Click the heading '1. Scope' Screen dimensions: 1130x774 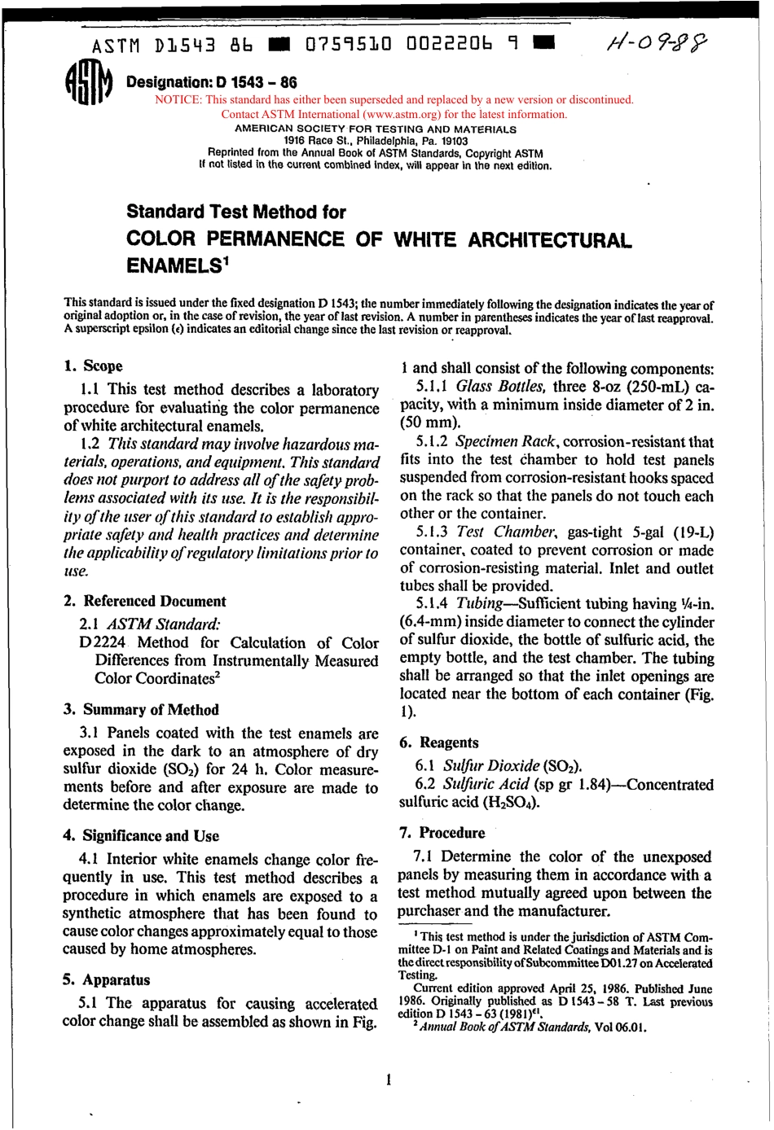pos(93,366)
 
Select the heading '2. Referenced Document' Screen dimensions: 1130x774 pos(144,601)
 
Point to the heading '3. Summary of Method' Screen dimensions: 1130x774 pos(141,709)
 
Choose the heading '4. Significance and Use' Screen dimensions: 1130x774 pos(141,835)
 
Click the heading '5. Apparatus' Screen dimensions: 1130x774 pos(106,979)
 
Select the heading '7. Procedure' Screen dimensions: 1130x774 pos(442,832)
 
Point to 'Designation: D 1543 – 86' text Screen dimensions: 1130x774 pos(211,82)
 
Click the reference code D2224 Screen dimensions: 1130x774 pos(102,642)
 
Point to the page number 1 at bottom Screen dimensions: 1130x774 pos(389,1080)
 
